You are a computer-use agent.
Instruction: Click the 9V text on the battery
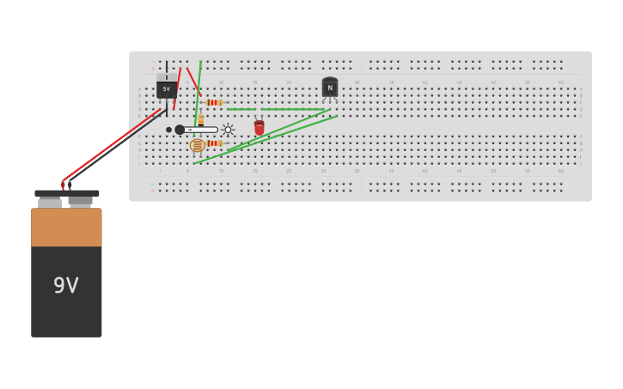(66, 285)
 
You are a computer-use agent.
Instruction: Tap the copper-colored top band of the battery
(66, 227)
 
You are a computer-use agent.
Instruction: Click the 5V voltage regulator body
(167, 88)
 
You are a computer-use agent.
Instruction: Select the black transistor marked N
(330, 88)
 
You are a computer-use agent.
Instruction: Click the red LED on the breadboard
(259, 128)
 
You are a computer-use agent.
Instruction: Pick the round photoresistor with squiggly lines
(198, 145)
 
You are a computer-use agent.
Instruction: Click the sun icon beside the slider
(228, 130)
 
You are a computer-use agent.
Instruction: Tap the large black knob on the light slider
(180, 130)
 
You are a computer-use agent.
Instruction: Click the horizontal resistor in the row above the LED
(214, 102)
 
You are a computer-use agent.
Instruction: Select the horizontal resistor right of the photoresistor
(214, 143)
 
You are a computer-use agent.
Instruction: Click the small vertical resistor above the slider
(200, 120)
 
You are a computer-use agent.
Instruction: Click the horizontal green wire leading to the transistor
(292, 109)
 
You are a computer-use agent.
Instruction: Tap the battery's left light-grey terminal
(50, 203)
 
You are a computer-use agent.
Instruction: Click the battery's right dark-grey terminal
(81, 202)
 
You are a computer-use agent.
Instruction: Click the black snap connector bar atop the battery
(66, 193)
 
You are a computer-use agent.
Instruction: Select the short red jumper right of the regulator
(193, 81)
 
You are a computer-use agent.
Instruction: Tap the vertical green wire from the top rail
(199, 86)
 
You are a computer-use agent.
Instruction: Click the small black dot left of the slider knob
(168, 130)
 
